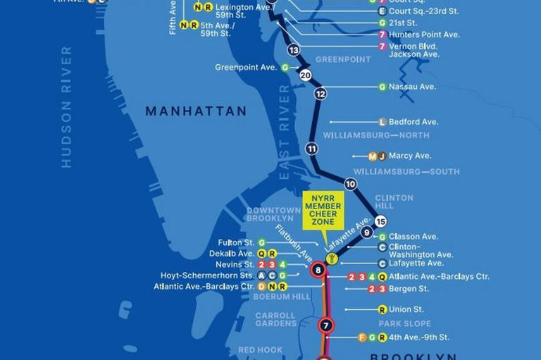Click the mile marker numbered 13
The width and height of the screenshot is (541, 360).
(x=294, y=50)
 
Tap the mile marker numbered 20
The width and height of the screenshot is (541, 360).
(x=305, y=75)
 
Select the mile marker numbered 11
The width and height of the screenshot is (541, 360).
(x=312, y=149)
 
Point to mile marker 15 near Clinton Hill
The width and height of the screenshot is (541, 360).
(x=381, y=221)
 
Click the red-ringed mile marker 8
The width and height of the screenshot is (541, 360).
(x=318, y=270)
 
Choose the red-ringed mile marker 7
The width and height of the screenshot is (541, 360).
(x=325, y=325)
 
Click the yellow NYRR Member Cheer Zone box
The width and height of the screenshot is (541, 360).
(x=323, y=209)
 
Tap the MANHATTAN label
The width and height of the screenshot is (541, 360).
(x=196, y=111)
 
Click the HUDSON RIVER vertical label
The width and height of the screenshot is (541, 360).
(x=67, y=107)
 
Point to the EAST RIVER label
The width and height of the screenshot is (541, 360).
(x=285, y=134)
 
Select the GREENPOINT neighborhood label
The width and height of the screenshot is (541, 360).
(x=343, y=60)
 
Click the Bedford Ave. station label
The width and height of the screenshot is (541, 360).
(x=413, y=122)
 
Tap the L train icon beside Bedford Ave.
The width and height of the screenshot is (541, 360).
(x=383, y=122)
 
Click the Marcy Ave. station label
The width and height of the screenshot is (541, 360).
(x=410, y=156)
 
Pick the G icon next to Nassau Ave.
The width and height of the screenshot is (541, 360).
(x=383, y=87)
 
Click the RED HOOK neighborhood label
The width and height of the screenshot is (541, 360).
(x=260, y=350)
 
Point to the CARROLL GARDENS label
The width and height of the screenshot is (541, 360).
(x=275, y=319)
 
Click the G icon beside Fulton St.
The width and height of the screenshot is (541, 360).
(x=262, y=242)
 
